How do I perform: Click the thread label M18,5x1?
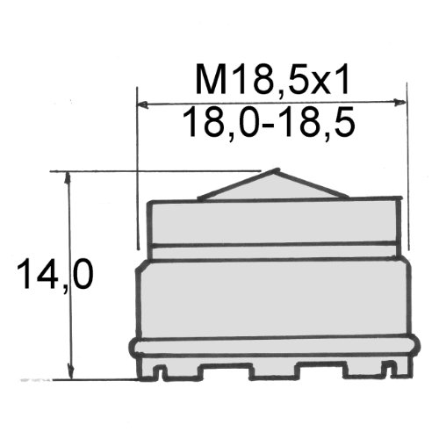tap(272, 82)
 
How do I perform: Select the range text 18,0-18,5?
tap(272, 125)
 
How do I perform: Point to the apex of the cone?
tap(276, 170)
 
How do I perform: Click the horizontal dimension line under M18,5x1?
tap(272, 103)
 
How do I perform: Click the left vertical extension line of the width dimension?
tap(139, 167)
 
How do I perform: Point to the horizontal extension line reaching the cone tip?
tap(158, 170)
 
